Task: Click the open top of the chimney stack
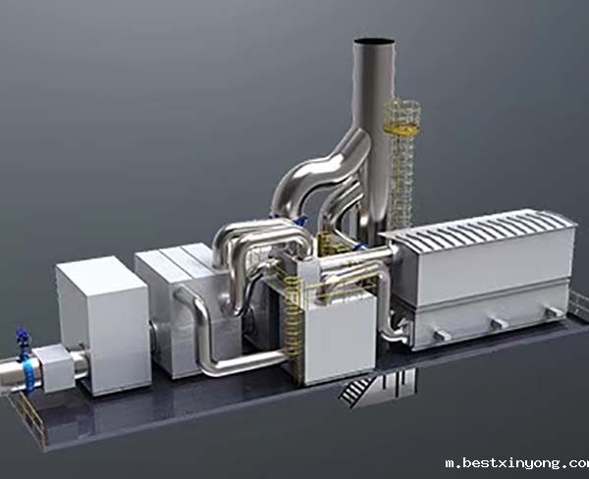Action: pyautogui.click(x=374, y=41)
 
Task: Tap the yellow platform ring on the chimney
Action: pyautogui.click(x=402, y=130)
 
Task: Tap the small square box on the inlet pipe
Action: pyautogui.click(x=54, y=367)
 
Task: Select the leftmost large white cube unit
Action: pyautogui.click(x=104, y=325)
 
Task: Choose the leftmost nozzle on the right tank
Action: pyautogui.click(x=442, y=335)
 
